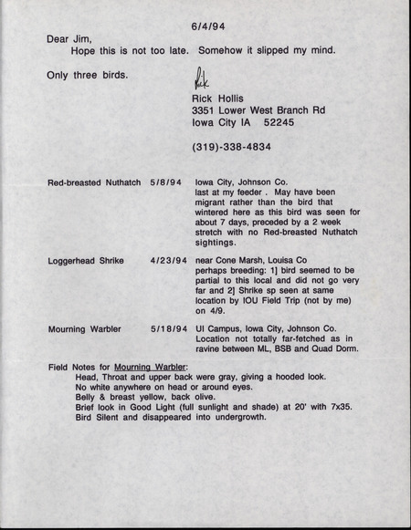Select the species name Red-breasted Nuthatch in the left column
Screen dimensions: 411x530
click(x=95, y=182)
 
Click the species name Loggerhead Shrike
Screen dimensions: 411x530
click(x=85, y=260)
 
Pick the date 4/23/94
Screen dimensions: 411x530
click(x=169, y=260)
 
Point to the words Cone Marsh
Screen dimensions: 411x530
click(x=237, y=260)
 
